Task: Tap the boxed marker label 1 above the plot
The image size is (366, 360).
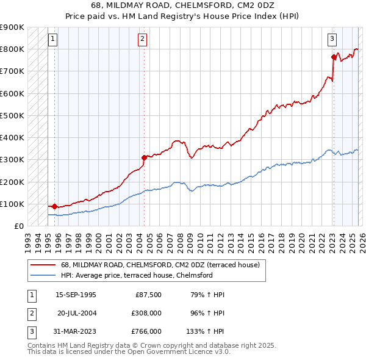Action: click(x=53, y=39)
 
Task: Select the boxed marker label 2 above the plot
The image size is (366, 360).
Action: click(x=142, y=39)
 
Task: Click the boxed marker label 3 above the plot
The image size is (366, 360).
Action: click(x=332, y=39)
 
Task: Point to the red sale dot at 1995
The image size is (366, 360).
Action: click(x=55, y=206)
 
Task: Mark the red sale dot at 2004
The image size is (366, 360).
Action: click(x=144, y=157)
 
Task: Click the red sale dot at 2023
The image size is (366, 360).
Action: click(x=334, y=57)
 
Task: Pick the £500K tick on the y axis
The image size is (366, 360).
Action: click(x=12, y=115)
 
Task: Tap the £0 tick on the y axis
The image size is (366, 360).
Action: click(x=18, y=226)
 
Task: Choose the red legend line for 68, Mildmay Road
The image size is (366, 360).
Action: click(x=43, y=265)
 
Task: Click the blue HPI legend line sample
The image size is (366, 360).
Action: click(x=43, y=275)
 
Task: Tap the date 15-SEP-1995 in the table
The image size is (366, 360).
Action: click(x=76, y=295)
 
